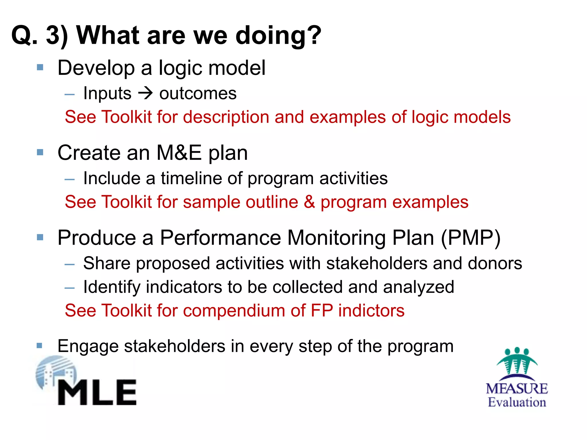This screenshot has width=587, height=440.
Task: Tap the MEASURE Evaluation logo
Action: click(x=517, y=378)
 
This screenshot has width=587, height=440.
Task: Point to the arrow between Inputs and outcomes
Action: click(x=145, y=93)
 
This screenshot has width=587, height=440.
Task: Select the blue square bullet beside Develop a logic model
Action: click(x=40, y=68)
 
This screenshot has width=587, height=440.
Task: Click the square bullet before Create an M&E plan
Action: click(x=40, y=152)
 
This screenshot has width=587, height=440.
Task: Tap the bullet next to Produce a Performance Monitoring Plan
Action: click(x=40, y=237)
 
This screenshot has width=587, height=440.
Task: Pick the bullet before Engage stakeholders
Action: click(x=40, y=345)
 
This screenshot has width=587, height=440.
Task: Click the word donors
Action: click(x=495, y=263)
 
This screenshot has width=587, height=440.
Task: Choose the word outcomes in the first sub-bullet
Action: click(x=198, y=94)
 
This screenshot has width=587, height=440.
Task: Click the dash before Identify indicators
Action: click(x=70, y=288)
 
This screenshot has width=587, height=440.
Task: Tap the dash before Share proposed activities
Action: click(x=70, y=264)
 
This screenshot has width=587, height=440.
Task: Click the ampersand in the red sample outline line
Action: click(x=309, y=202)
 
